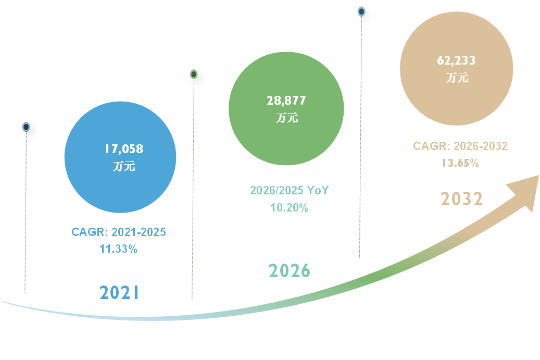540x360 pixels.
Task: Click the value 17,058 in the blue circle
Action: (123, 150)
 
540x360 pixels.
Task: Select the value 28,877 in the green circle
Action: (286, 101)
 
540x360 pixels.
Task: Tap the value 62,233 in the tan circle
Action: (456, 60)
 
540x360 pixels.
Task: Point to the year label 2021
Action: (119, 293)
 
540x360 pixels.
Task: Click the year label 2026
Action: (290, 271)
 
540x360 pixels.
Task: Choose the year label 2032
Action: (462, 199)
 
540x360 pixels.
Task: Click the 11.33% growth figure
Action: (118, 249)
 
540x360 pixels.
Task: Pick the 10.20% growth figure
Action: (289, 208)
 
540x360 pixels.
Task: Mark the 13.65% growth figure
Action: (460, 163)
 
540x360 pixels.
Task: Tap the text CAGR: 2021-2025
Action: (119, 232)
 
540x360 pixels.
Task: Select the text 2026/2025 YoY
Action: (290, 191)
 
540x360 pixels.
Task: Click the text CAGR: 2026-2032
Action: (460, 146)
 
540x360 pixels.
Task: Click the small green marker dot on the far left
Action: (30, 130)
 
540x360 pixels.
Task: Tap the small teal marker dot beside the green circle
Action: (197, 78)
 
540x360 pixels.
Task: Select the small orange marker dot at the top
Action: (365, 15)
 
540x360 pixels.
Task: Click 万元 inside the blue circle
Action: (123, 167)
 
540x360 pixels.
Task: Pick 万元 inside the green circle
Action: (286, 118)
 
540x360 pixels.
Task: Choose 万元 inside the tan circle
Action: (457, 78)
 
